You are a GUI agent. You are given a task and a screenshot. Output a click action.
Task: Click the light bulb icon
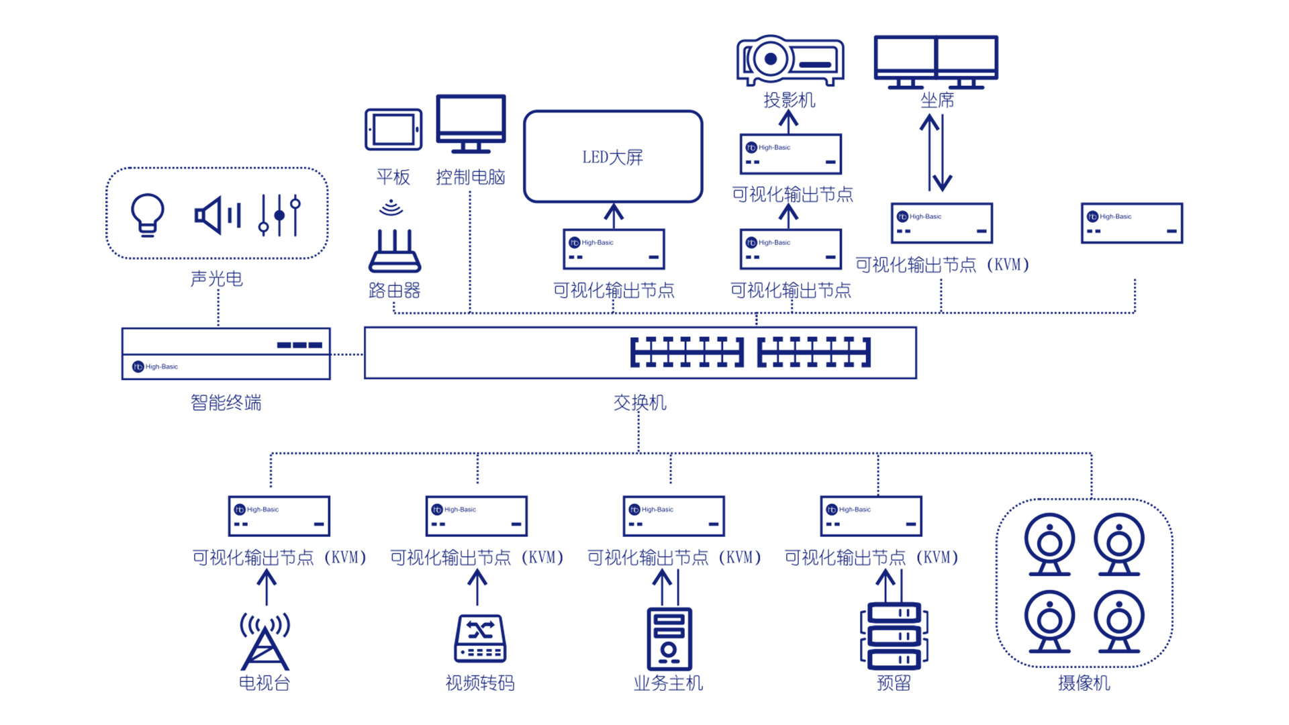point(147,215)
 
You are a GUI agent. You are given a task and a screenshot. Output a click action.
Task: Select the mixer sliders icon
point(279,215)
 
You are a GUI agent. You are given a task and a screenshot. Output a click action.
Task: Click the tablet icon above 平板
point(393,130)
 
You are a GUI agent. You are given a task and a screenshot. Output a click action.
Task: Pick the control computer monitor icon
point(471,123)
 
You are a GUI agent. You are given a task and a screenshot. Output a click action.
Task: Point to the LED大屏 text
point(612,157)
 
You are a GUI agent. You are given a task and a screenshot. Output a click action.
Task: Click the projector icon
point(790,60)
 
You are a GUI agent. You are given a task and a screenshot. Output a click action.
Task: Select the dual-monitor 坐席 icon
point(936,62)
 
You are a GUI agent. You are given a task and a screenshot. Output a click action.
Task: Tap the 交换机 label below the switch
point(640,403)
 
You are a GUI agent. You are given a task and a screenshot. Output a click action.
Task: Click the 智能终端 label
point(226,403)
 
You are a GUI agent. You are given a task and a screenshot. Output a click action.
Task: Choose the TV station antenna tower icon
point(265,641)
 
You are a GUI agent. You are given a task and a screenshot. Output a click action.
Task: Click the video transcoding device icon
point(480,638)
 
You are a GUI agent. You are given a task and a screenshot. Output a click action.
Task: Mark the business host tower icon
point(669,638)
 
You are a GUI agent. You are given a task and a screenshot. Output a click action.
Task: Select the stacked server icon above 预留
point(894,636)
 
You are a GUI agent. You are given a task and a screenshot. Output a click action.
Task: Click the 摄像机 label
point(1084,683)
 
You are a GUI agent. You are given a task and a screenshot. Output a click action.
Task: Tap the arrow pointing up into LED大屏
point(613,215)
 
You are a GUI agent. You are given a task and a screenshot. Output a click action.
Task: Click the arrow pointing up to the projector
point(788,121)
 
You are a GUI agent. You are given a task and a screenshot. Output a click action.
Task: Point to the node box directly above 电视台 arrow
point(279,516)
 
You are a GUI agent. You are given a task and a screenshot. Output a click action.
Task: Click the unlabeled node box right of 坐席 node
point(1132,223)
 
